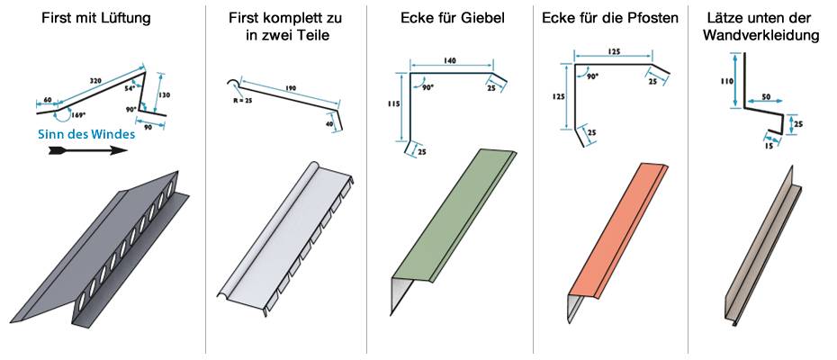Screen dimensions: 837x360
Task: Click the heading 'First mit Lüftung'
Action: point(96,19)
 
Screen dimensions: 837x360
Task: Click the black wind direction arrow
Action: point(87,150)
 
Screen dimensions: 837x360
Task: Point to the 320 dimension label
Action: point(95,81)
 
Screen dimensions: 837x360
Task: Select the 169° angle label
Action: point(78,115)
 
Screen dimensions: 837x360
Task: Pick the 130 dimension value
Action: point(165,95)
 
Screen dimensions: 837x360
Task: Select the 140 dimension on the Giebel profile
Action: point(449,61)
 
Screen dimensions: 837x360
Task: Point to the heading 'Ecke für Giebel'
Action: point(452,19)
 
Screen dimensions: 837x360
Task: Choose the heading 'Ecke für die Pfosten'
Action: point(609,19)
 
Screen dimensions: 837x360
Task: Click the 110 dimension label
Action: point(726,81)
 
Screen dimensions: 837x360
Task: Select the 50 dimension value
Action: point(766,96)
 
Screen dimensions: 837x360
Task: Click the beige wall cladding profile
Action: point(762,246)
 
